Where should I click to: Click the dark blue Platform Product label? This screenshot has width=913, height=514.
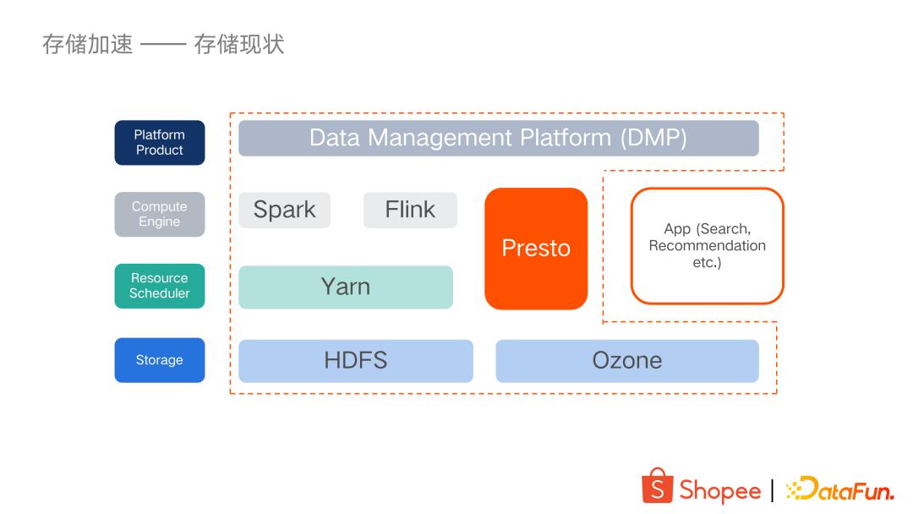coord(160,142)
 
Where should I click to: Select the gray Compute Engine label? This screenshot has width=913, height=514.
coord(160,214)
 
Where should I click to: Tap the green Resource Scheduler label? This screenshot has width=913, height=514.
coord(160,286)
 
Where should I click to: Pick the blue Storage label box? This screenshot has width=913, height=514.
coord(160,360)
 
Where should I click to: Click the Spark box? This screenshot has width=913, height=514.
coord(284,210)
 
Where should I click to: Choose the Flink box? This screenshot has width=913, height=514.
coord(410,210)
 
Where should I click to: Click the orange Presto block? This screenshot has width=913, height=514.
coord(536,248)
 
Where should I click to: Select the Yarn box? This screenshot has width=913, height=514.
coord(345,287)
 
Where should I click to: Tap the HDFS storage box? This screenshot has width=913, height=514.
coord(355,360)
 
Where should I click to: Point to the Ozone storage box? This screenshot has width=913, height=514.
coord(626,360)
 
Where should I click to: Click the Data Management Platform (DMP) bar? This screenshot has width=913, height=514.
coord(498,138)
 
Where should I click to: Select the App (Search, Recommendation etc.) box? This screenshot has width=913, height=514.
coord(707,245)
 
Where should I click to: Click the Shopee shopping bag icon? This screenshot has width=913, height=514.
coord(658,486)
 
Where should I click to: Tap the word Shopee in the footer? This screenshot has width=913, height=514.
coord(719,490)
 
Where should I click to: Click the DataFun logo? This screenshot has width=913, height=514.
coord(839,489)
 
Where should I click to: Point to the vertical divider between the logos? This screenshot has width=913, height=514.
coord(773,490)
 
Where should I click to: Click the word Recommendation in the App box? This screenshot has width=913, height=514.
coord(707,245)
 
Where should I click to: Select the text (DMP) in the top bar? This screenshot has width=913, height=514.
coord(653,138)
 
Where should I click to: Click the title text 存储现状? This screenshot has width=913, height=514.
coord(239,44)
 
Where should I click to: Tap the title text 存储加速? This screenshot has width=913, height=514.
coord(87,44)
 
